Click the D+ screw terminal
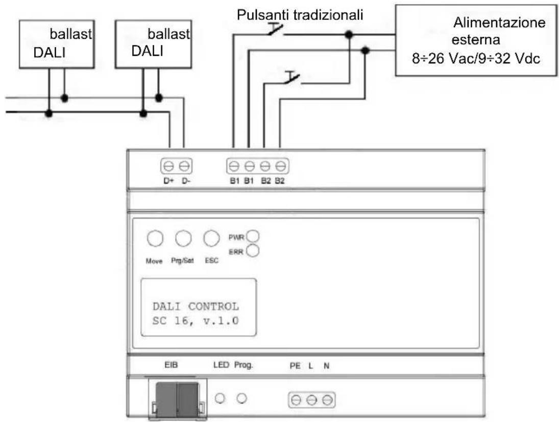(168, 166)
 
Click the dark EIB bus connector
(177, 400)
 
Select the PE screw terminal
(296, 400)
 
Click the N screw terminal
(327, 400)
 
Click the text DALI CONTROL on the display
(196, 307)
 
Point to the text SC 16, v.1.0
(196, 321)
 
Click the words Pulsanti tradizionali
(300, 15)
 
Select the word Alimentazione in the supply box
(499, 22)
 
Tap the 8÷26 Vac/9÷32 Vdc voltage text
(476, 58)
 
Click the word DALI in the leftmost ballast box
(49, 53)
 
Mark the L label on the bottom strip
(311, 366)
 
